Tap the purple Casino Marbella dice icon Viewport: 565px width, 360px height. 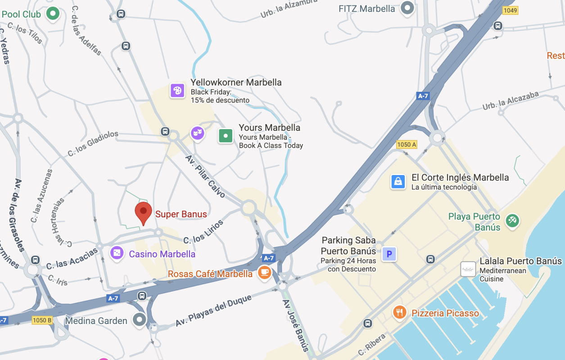point(117,253)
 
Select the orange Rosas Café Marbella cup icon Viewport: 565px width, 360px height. point(264,272)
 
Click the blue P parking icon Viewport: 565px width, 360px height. point(389,254)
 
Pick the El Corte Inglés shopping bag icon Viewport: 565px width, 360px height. point(398,181)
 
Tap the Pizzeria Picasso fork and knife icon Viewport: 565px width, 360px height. point(399,312)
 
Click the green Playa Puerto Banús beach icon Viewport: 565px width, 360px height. point(513,220)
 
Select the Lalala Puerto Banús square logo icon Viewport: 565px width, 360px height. point(468,269)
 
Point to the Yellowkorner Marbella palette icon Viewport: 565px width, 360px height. point(177,90)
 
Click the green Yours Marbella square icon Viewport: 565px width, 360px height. point(226,135)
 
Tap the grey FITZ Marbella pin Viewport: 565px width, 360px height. point(407,8)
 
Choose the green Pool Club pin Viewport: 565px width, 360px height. point(53,13)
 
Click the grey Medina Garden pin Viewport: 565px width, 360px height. point(140,320)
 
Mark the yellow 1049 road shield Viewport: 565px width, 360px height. point(510,10)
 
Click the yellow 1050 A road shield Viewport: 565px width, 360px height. point(407,144)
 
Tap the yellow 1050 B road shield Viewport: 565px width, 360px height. point(42,320)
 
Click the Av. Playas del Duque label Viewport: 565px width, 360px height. point(213,311)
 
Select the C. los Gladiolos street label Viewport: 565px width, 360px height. point(93,144)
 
